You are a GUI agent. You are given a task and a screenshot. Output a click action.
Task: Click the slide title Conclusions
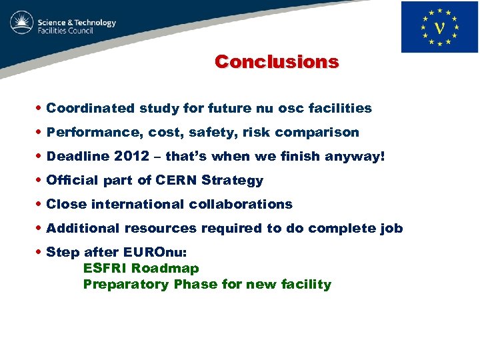pyautogui.click(x=277, y=62)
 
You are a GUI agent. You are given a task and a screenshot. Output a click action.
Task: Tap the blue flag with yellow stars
pyautogui.click(x=439, y=27)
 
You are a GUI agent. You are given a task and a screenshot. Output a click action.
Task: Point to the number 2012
pyautogui.click(x=132, y=157)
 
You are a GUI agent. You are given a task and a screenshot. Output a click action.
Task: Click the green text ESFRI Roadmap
pyautogui.click(x=141, y=269)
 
